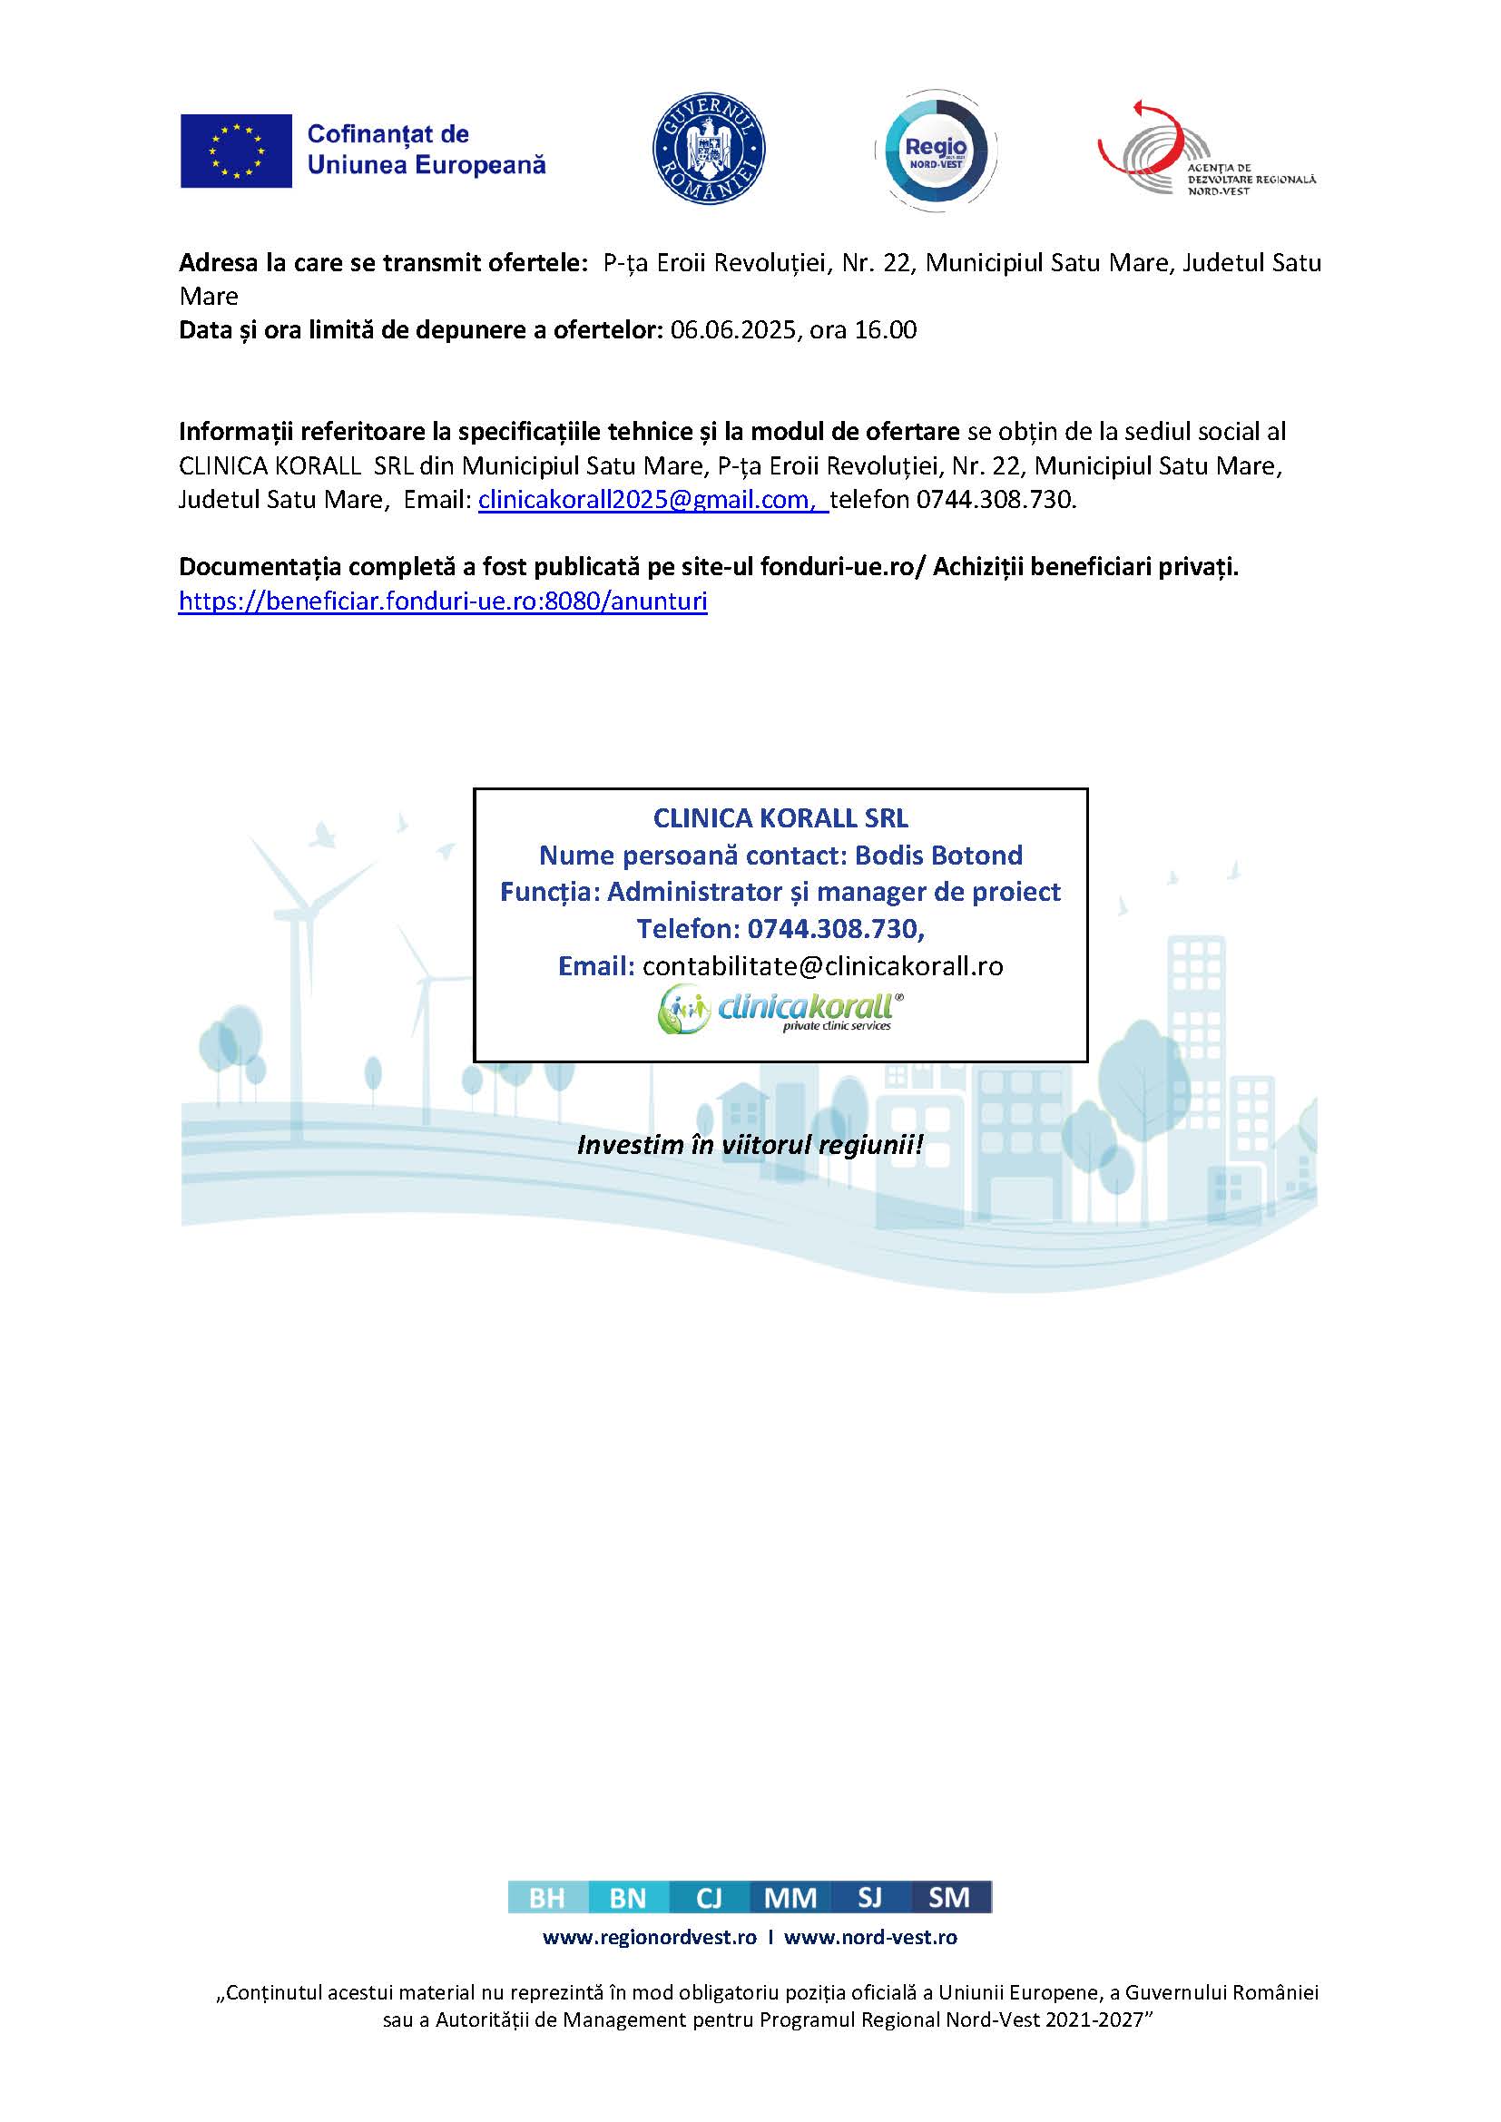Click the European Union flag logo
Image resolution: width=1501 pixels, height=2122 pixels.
[236, 151]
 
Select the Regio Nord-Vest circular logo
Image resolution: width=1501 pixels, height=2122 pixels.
[936, 151]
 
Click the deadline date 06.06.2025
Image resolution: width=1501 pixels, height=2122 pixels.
[733, 330]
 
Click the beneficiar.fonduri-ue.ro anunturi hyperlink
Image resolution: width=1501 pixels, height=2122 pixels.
[443, 601]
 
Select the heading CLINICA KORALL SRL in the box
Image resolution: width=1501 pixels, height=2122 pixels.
[780, 818]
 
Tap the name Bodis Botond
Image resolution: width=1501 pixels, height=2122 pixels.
[938, 855]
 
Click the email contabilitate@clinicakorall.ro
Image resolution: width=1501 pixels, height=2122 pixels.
[822, 966]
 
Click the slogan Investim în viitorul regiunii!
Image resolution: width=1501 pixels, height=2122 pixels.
[750, 1145]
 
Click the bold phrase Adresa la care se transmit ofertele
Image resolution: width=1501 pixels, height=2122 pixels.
[383, 263]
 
